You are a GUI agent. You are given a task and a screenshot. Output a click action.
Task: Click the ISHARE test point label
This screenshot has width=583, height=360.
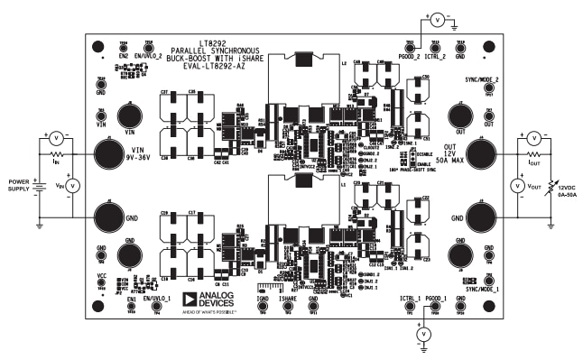coord(289,298)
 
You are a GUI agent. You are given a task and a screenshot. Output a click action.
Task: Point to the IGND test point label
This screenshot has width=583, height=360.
coord(263,298)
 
